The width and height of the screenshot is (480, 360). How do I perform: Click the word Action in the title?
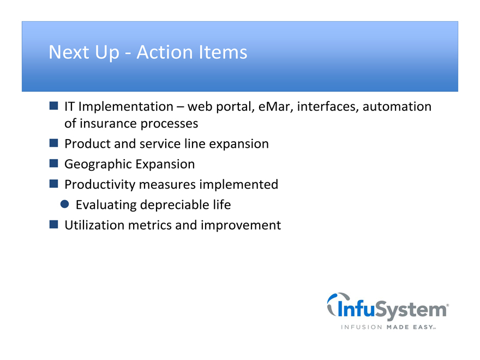[165, 52]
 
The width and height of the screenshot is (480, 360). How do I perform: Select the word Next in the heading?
[69, 52]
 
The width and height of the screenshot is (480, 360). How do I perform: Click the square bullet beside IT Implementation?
[53, 106]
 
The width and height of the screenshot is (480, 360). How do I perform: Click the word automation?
[397, 106]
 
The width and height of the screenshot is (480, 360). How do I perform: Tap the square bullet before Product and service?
[53, 143]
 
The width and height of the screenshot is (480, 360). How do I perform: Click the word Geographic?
[98, 164]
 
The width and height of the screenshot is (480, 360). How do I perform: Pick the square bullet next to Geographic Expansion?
[53, 163]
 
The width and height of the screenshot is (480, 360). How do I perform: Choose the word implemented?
[239, 184]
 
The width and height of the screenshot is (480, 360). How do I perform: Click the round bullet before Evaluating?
[64, 204]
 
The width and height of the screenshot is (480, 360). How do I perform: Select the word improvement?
[241, 225]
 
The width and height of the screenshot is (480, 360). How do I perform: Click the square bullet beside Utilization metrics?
[53, 224]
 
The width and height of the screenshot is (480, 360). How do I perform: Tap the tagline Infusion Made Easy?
[388, 327]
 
